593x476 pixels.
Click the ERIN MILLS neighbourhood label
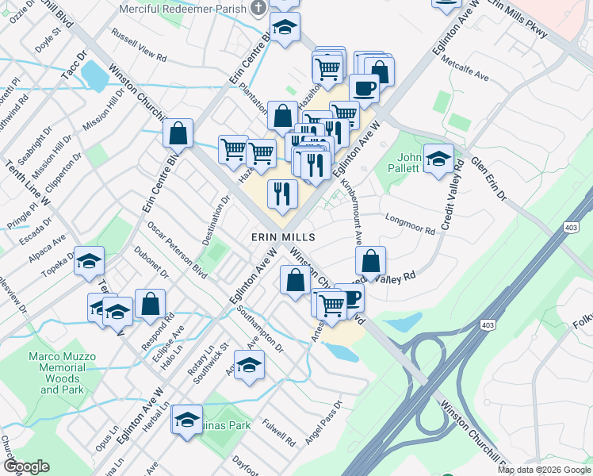click(283, 237)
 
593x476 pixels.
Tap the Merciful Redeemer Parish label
click(182, 9)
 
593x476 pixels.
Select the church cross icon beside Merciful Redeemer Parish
click(258, 9)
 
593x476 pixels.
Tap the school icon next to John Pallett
click(438, 159)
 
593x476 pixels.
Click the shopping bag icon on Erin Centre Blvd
click(178, 134)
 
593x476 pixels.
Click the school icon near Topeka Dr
click(90, 261)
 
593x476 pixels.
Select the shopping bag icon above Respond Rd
click(150, 304)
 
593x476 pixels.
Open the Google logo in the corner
click(26, 466)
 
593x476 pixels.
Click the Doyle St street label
click(48, 37)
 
